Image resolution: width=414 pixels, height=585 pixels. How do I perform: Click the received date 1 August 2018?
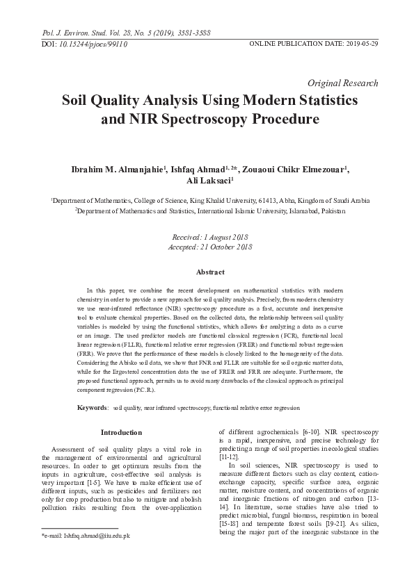(x=223, y=237)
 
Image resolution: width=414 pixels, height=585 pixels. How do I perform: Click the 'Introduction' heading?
(x=122, y=433)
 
